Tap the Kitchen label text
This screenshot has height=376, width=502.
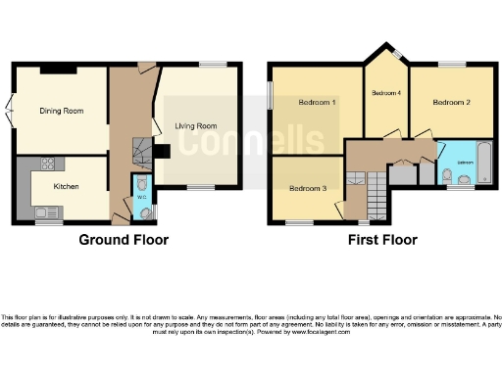point(66,185)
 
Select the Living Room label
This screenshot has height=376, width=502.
point(196,125)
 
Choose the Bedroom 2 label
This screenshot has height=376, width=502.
point(452,102)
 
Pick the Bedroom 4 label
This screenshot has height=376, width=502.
point(386,92)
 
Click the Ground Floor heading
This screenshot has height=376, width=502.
point(124,240)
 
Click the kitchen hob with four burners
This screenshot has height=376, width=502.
point(46,164)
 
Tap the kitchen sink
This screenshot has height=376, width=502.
point(45,211)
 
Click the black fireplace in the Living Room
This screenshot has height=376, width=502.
point(163,151)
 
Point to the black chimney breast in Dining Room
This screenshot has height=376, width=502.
point(58,68)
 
